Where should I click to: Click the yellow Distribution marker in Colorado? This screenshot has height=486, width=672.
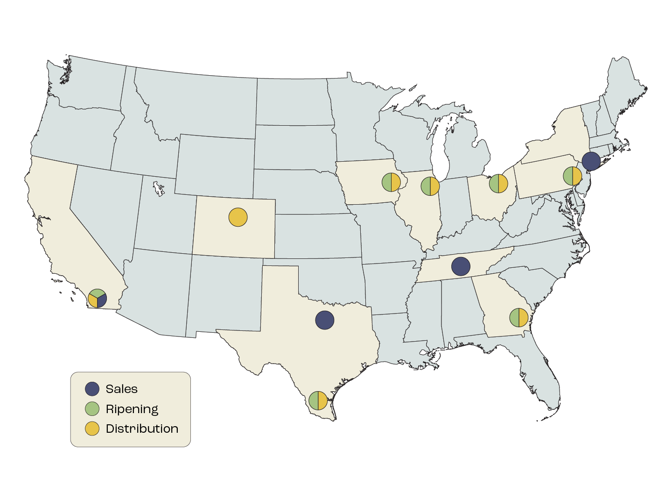238,217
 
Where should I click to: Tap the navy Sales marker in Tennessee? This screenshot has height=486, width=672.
461,266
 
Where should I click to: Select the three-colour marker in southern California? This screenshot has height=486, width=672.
98,298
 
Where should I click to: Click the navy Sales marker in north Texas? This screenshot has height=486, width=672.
325,320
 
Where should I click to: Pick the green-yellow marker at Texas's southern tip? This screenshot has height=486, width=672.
318,400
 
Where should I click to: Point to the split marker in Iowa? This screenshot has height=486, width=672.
391,182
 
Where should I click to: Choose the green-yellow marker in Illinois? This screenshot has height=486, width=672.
430,186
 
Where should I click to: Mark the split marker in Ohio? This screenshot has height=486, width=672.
498,184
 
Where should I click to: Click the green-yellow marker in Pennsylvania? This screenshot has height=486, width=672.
573,176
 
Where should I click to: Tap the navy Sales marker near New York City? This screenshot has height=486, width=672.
591,161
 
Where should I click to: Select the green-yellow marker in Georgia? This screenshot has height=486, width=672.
518,318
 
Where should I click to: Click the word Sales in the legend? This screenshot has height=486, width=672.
122,389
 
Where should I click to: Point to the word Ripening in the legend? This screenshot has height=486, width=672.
132,409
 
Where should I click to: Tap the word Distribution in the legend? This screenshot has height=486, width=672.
142,429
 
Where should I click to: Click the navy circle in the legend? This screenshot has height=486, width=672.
92,389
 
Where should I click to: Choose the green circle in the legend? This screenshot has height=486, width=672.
92,409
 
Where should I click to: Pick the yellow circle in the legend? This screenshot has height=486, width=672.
92,429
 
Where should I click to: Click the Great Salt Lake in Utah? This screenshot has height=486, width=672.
159,189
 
